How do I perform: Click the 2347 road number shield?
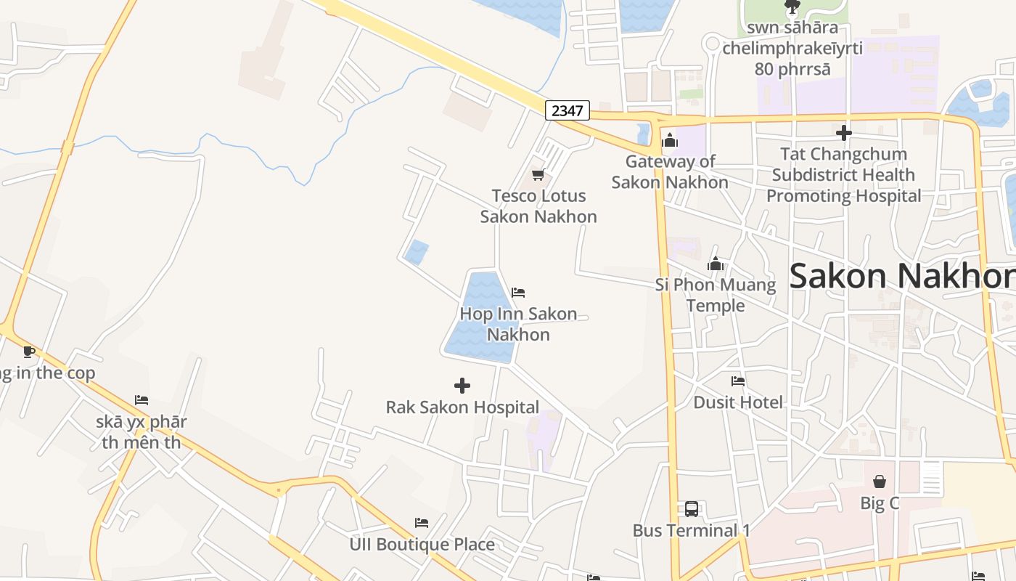tap(568, 110)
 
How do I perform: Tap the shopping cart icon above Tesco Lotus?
tap(538, 174)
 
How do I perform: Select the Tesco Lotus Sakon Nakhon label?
tap(538, 206)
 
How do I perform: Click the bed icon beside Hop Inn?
tap(518, 293)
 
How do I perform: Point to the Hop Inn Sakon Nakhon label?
tap(518, 324)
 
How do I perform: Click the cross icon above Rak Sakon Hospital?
tap(462, 385)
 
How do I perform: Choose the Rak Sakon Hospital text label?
tap(462, 407)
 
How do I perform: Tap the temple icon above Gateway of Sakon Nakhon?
tap(670, 140)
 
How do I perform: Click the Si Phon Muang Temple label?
tap(716, 295)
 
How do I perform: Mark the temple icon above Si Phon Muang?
tap(716, 264)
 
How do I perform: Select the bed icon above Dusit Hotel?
tap(738, 381)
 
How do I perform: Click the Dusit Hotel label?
tap(738, 402)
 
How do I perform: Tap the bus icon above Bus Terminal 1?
tap(692, 509)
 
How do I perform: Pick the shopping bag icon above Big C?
tap(880, 482)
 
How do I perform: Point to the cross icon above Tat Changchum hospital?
tap(844, 133)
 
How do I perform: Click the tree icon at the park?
tap(792, 7)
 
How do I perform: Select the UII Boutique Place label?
tap(422, 545)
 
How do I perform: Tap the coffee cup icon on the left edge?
tap(29, 352)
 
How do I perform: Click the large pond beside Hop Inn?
tap(479, 320)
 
